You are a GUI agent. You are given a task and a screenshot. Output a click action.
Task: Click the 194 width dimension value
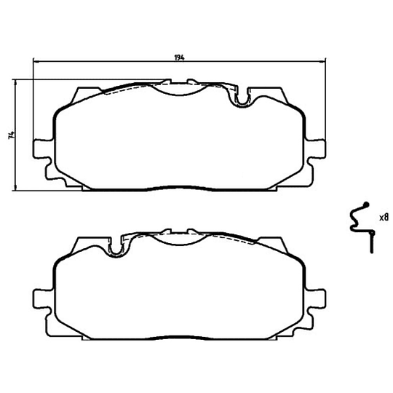point(180,57)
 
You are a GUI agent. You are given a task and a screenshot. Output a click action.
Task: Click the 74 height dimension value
point(11,135)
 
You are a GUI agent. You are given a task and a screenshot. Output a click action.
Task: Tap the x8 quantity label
point(384,217)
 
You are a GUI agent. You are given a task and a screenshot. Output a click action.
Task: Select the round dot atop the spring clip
point(366,205)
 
